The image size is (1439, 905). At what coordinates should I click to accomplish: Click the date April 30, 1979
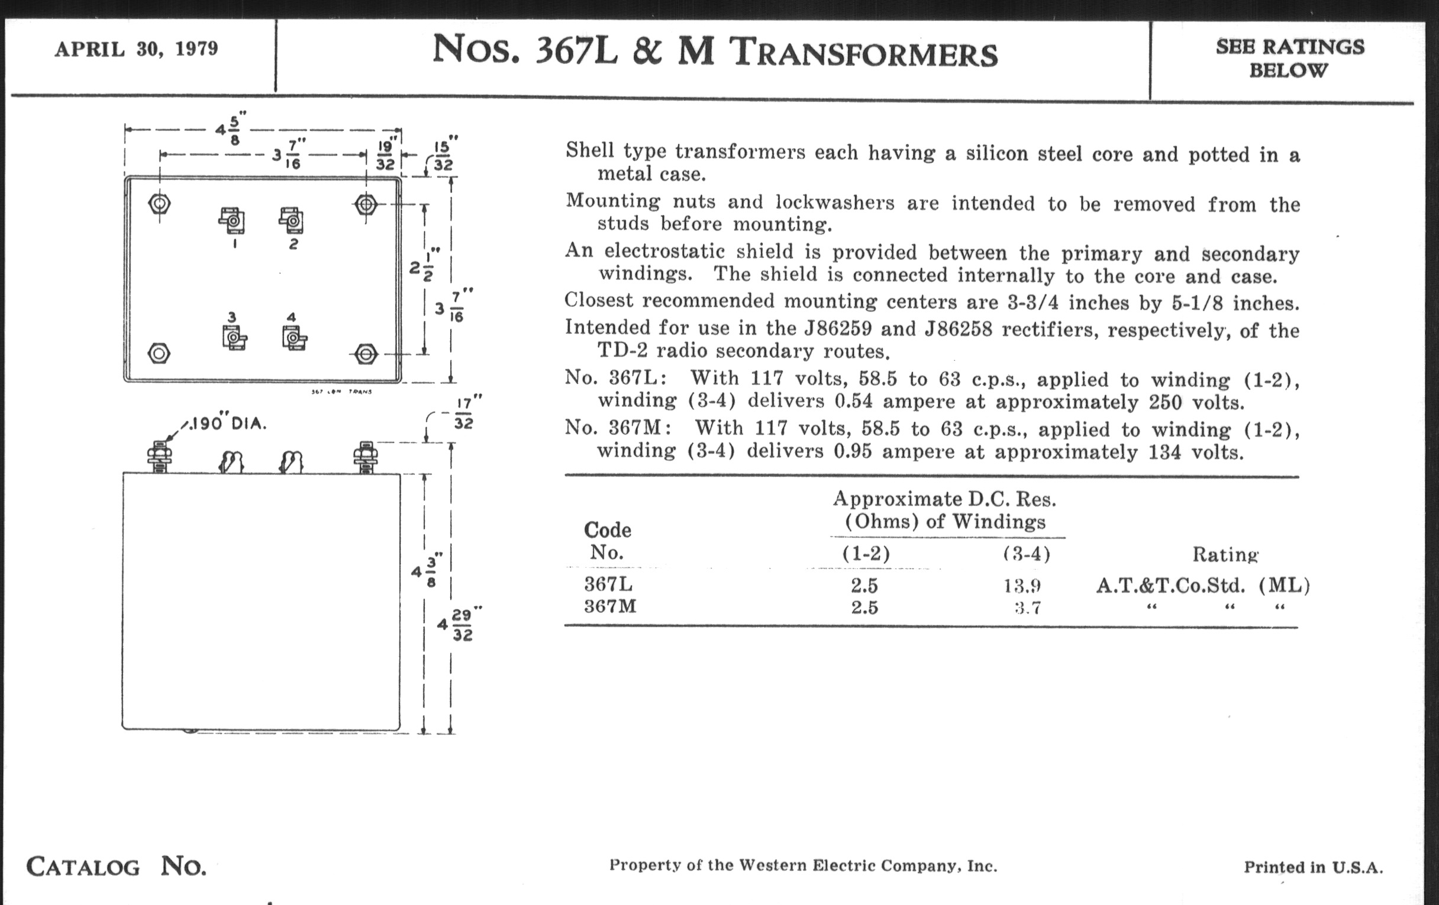(x=136, y=49)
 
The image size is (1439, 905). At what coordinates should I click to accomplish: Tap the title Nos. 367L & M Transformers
(x=714, y=52)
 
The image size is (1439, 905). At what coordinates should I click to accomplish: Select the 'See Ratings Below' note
(x=1290, y=58)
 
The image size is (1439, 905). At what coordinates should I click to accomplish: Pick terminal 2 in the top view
(x=292, y=221)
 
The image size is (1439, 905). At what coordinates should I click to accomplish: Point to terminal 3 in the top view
(x=234, y=339)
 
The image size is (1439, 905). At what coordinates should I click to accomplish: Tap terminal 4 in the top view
(x=293, y=339)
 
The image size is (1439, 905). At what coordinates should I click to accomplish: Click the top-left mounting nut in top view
(x=159, y=204)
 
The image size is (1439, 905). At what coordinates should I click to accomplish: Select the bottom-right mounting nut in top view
(x=366, y=354)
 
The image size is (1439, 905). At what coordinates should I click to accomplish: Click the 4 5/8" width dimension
(x=231, y=129)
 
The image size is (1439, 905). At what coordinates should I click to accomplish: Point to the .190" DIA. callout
(x=226, y=424)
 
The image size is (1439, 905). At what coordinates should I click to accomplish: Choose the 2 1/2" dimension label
(x=424, y=266)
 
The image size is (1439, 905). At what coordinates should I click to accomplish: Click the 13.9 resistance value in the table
(x=1022, y=586)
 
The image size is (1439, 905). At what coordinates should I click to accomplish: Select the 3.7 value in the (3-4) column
(x=1028, y=608)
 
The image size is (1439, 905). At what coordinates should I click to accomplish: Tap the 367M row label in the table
(x=610, y=606)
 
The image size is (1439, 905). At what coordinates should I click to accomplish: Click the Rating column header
(x=1225, y=554)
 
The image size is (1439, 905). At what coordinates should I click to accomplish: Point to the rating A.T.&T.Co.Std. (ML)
(x=1202, y=586)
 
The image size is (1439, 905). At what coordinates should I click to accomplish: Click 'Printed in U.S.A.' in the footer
(x=1313, y=867)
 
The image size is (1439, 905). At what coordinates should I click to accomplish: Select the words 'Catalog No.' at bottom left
(x=116, y=866)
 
